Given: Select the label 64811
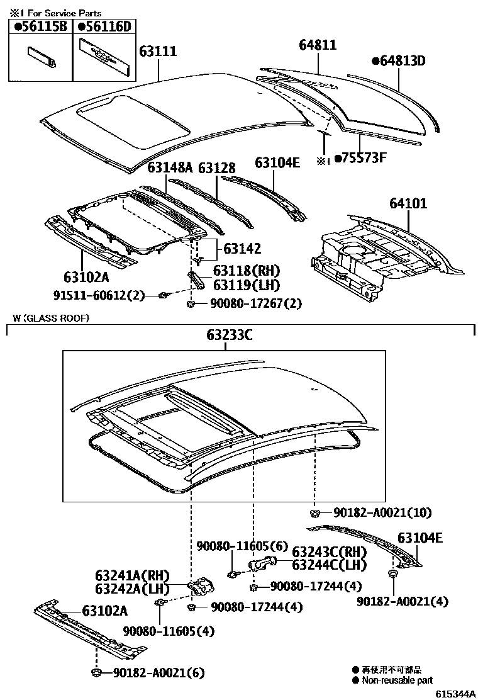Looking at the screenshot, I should (318, 45).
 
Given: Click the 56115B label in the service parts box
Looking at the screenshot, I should (41, 26).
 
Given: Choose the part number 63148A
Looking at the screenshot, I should (170, 168).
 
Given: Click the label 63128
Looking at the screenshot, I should (217, 168).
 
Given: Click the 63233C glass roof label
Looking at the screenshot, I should (230, 336).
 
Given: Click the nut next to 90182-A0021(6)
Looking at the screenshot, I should (97, 674).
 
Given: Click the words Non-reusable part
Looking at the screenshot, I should (396, 680).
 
